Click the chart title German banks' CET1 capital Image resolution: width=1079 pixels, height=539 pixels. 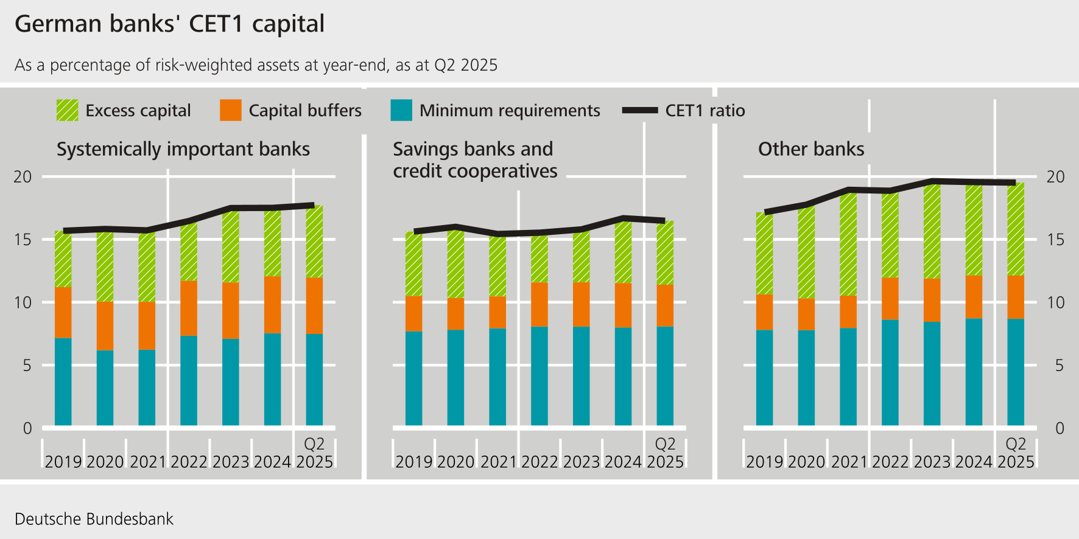pyautogui.click(x=169, y=24)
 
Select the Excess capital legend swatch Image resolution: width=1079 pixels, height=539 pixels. pyautogui.click(x=67, y=110)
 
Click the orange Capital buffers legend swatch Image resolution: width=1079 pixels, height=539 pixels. pyautogui.click(x=230, y=110)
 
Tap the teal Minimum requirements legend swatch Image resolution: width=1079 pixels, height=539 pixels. pyautogui.click(x=401, y=110)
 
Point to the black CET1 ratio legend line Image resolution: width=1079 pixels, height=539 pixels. pyautogui.click(x=640, y=110)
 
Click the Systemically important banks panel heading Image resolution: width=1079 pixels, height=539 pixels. pyautogui.click(x=183, y=149)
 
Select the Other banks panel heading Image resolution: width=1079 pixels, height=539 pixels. pyautogui.click(x=810, y=149)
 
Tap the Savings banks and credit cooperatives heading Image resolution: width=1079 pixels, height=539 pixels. pyautogui.click(x=474, y=160)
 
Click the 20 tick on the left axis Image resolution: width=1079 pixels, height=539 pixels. pyautogui.click(x=23, y=177)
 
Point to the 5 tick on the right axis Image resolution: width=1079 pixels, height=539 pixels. pyautogui.click(x=1059, y=366)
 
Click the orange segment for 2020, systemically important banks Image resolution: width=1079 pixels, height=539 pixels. pyautogui.click(x=105, y=325)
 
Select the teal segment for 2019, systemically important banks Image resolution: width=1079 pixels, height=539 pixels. pyautogui.click(x=63, y=381)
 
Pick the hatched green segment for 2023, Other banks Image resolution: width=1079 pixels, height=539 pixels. pyautogui.click(x=932, y=231)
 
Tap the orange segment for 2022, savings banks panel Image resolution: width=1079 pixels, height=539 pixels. pyautogui.click(x=539, y=304)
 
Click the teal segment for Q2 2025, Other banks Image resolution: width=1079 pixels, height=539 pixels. pyautogui.click(x=1015, y=372)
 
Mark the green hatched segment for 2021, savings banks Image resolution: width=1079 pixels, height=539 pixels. pyautogui.click(x=497, y=266)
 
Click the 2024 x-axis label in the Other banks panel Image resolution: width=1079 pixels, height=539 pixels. pyautogui.click(x=973, y=462)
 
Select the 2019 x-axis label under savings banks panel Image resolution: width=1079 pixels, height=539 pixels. pyautogui.click(x=413, y=462)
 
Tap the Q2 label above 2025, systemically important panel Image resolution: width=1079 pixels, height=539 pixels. pyautogui.click(x=314, y=444)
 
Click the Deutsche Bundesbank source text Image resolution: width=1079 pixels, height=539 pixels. pyautogui.click(x=94, y=519)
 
